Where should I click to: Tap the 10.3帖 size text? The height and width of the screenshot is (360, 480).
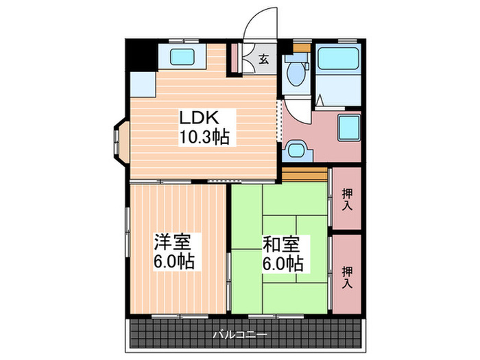tap(204, 136)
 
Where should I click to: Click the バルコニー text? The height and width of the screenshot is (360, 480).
tap(240, 335)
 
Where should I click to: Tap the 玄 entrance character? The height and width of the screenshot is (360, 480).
tap(263, 59)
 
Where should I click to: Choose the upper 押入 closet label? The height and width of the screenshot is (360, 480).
tap(347, 200)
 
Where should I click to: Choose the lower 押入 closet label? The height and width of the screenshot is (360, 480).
tap(347, 277)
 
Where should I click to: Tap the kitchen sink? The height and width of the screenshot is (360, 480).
tap(183, 56)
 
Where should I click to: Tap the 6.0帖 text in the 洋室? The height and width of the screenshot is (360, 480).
tap(173, 262)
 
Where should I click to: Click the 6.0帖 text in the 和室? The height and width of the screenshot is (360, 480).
tap(282, 262)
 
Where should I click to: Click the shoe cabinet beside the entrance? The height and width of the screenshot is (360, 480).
tap(234, 59)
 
